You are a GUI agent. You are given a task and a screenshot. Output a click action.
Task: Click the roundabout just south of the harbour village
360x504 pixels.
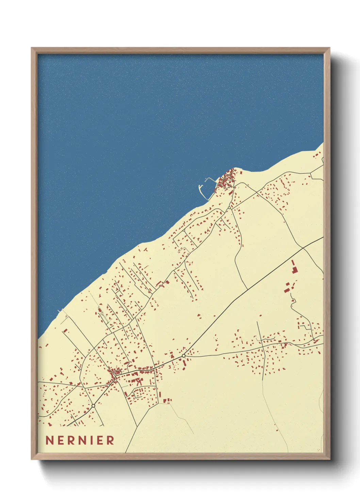click(x=229, y=207)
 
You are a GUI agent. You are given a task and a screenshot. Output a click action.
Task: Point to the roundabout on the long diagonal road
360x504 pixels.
click(x=184, y=356)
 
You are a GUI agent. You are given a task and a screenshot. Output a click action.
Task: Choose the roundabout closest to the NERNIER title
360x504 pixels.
click(x=93, y=406)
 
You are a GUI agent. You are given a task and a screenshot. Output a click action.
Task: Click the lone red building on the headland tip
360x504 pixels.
click(x=241, y=172)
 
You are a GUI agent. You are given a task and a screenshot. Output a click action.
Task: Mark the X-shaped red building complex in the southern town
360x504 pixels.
click(x=138, y=382)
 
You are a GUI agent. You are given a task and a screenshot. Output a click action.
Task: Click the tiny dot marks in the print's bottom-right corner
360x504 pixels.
click(x=318, y=450)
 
